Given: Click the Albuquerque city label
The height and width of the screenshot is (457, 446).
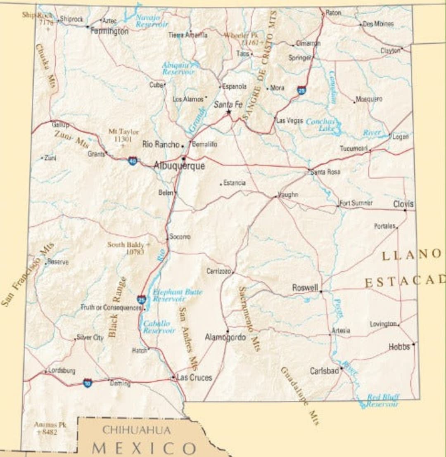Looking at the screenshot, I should tap(179, 166).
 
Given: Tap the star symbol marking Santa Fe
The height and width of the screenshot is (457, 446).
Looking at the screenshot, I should tap(228, 112).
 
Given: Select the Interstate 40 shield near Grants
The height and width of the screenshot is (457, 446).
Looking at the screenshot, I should tap(133, 161).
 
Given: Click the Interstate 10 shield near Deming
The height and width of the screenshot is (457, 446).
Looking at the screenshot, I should tap(87, 383).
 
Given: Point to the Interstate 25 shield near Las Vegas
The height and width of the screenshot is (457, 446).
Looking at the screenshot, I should tap(302, 90).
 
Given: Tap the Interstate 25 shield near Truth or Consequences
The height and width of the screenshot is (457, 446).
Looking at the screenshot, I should tap(142, 299).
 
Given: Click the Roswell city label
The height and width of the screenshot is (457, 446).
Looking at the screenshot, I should tap(305, 287).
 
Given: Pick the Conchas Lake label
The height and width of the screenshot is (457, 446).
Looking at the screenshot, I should tap(322, 125).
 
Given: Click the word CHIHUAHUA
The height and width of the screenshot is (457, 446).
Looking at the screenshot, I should tap(136, 430).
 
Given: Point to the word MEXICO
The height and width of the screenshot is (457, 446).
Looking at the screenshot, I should tap(144, 448).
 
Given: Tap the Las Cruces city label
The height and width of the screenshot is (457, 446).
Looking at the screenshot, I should tap(194, 377).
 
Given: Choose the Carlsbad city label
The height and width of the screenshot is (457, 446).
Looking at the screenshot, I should tap(324, 371).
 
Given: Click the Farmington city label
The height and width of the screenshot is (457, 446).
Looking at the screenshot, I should tap(109, 31).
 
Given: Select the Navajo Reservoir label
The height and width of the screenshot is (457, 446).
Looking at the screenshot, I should tap(152, 21).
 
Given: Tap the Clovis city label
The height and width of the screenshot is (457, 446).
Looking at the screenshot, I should tap(403, 204).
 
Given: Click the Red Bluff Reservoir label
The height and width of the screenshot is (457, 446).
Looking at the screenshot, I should tap(382, 401).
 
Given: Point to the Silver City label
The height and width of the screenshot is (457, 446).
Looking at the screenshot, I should tap(90, 337).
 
